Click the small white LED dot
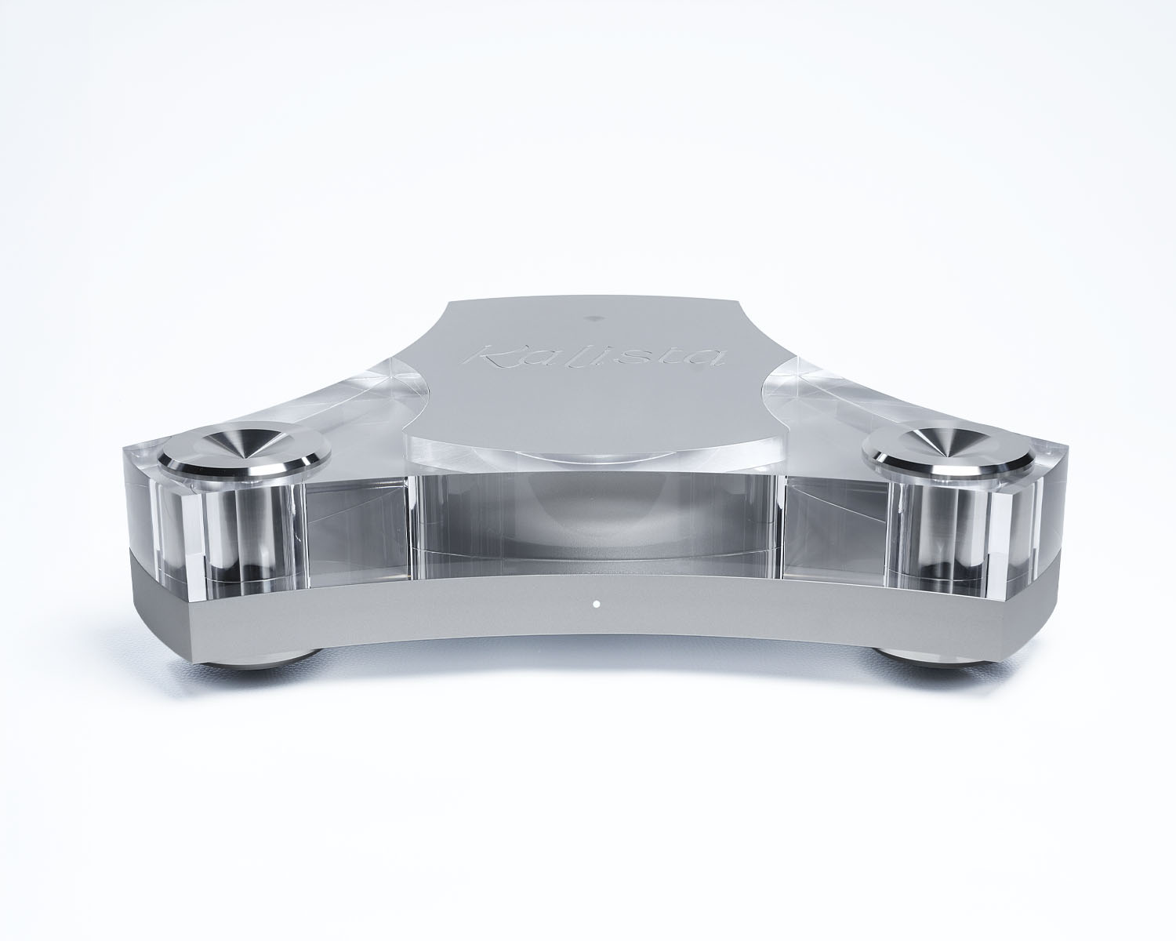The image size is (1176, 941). coord(595,604)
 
